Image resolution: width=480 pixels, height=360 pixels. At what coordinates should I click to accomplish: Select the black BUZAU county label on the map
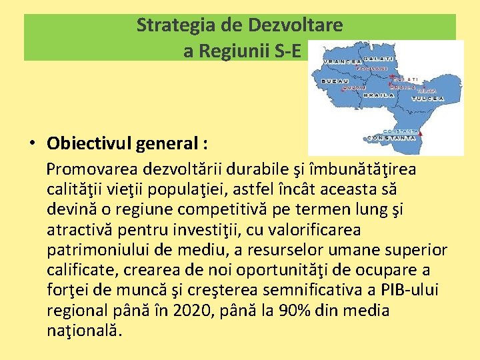click(334, 81)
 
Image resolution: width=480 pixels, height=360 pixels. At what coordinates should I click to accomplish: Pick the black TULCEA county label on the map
click(427, 98)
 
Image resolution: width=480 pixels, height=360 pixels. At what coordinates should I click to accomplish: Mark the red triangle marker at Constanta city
click(421, 133)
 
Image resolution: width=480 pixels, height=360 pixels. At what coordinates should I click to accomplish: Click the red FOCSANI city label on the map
click(373, 69)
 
